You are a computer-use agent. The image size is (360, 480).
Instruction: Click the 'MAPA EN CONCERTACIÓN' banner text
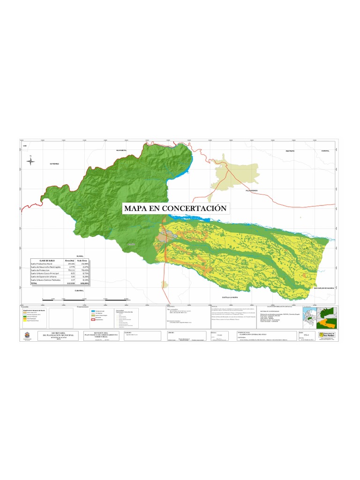click(x=175, y=208)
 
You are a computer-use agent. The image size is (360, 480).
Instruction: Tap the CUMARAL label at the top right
click(x=326, y=151)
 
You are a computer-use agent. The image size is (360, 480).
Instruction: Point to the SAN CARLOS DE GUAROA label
click(x=323, y=288)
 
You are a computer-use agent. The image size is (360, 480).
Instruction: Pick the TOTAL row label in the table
click(x=34, y=284)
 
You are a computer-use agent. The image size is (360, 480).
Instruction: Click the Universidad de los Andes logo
click(x=327, y=335)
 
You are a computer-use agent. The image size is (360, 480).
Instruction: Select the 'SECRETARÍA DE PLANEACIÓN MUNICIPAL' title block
click(x=59, y=334)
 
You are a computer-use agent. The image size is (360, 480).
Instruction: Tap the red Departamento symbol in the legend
click(x=92, y=319)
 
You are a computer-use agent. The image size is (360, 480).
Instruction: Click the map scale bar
click(x=84, y=299)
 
